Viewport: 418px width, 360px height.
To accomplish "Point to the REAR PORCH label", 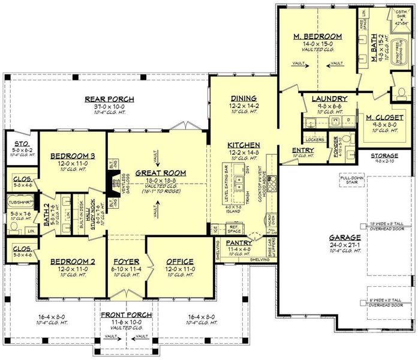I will [109, 99].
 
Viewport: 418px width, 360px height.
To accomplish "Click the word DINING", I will [244, 98].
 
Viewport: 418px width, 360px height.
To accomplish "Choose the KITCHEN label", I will [243, 145].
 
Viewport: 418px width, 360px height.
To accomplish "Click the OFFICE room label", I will [176, 262].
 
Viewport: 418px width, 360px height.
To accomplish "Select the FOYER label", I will [127, 262].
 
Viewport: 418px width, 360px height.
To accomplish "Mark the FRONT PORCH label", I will [126, 315].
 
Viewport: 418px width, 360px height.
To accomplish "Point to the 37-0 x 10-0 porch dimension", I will [109, 106].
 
